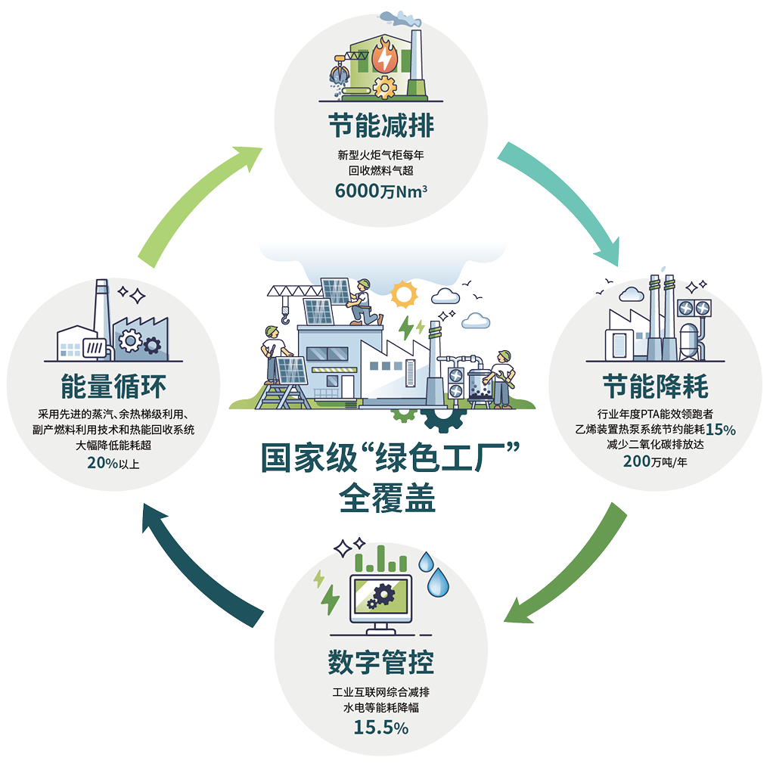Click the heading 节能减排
click(x=381, y=126)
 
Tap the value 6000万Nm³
click(x=381, y=191)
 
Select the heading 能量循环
click(x=113, y=386)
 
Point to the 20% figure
click(x=103, y=463)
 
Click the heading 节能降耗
click(x=656, y=386)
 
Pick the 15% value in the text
click(x=721, y=430)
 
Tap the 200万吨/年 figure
click(x=655, y=461)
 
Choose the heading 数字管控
click(x=381, y=662)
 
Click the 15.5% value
click(x=381, y=728)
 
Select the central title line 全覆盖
click(x=387, y=498)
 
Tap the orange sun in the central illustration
click(x=404, y=294)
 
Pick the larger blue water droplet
click(x=438, y=582)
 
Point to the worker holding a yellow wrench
click(x=502, y=378)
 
